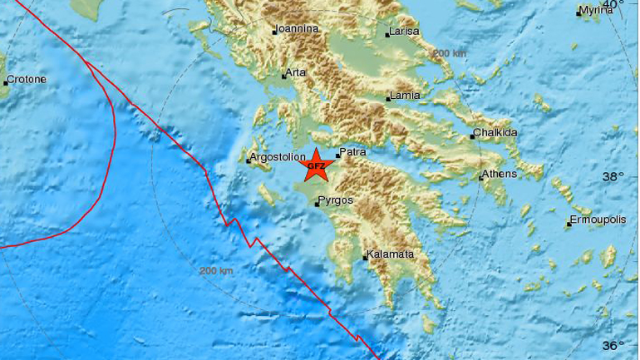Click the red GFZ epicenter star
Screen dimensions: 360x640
click(316, 165)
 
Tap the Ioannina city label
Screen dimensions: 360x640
click(298, 28)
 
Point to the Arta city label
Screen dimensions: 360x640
click(297, 72)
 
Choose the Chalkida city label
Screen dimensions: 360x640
click(497, 133)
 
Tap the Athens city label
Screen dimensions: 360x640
click(502, 174)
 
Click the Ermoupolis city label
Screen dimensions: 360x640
click(598, 221)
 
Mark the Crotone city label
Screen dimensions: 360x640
click(26, 81)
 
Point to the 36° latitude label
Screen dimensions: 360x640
click(613, 346)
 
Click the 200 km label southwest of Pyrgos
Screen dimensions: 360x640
click(216, 271)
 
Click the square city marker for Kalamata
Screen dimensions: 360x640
click(366, 257)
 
